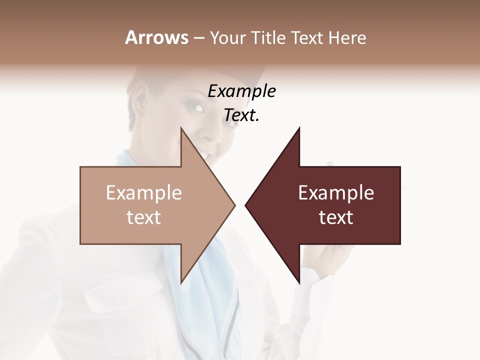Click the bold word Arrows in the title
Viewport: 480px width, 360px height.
(x=156, y=37)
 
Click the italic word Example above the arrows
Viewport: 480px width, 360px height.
(x=241, y=91)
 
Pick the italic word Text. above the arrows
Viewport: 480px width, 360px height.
(x=241, y=115)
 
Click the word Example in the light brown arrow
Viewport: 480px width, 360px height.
(x=143, y=193)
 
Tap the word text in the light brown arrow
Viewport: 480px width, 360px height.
(x=143, y=217)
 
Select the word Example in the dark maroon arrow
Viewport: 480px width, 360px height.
(x=336, y=193)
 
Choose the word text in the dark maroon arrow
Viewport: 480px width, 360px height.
(x=336, y=217)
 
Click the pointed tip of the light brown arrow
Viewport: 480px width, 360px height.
(x=234, y=205)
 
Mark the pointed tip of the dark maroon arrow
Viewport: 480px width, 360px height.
(x=246, y=205)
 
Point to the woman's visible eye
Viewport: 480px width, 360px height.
(x=196, y=106)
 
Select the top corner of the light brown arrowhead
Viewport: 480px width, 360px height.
(x=181, y=128)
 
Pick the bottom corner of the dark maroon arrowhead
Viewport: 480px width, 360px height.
(x=299, y=282)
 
